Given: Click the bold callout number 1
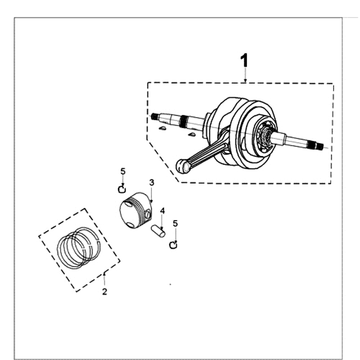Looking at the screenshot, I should click(244, 61).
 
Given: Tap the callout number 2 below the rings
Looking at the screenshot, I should click(104, 292).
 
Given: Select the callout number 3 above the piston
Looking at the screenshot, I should click(152, 182).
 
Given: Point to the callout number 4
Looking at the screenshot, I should click(162, 211).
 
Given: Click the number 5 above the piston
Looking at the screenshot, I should click(123, 171).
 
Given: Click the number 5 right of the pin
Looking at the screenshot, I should click(175, 223).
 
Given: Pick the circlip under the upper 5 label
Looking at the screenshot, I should click(121, 189).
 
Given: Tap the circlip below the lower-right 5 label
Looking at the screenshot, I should click(173, 244).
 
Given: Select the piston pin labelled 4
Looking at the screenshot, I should click(159, 230).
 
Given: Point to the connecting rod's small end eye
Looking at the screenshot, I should click(183, 167).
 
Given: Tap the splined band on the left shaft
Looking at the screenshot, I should click(184, 121).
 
